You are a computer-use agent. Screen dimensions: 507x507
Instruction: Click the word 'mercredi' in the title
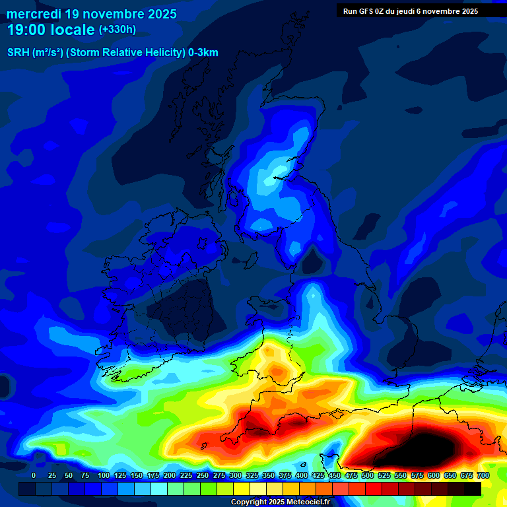tap(34, 14)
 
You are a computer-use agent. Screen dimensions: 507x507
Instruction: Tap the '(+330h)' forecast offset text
tap(117, 30)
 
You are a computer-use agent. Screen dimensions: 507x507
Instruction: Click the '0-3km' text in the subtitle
tap(203, 53)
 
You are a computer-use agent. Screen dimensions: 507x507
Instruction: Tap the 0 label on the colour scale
tap(34, 475)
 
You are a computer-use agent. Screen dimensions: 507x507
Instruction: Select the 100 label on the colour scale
tap(104, 475)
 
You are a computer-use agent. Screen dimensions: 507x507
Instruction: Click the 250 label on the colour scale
tap(203, 475)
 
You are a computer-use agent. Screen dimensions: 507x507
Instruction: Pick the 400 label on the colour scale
tap(302, 475)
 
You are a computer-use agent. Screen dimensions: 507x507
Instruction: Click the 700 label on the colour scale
tap(483, 475)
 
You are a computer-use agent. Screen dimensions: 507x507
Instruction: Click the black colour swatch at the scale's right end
tap(473, 489)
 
